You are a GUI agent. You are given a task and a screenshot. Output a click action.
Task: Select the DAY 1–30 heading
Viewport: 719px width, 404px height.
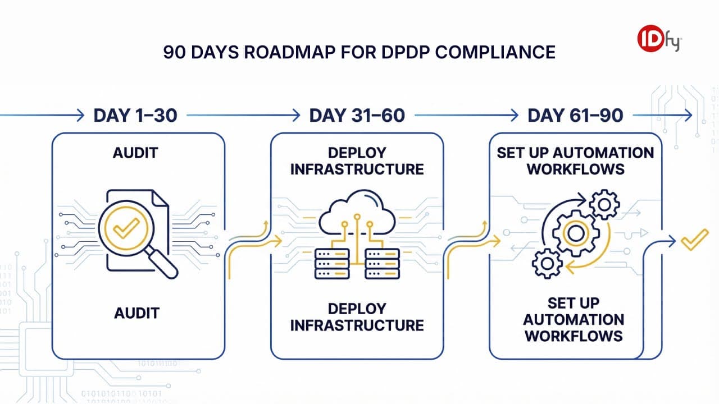tap(135, 116)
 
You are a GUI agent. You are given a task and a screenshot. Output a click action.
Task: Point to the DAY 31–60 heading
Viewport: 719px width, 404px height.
tap(357, 116)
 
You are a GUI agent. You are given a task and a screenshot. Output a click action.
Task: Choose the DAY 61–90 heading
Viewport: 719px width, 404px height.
tap(575, 116)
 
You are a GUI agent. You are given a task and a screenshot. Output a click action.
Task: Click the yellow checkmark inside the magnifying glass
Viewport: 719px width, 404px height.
tap(126, 227)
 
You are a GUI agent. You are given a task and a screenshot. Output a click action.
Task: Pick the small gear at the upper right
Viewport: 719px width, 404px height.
tap(604, 205)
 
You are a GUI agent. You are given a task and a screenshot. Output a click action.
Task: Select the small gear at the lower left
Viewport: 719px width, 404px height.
tap(546, 263)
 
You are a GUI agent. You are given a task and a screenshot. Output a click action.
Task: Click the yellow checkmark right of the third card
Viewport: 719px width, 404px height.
tap(694, 240)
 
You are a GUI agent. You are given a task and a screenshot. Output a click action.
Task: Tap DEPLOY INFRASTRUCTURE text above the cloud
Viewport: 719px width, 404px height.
tap(357, 161)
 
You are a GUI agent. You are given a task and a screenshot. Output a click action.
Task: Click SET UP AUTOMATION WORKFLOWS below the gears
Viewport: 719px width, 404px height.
tap(574, 319)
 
